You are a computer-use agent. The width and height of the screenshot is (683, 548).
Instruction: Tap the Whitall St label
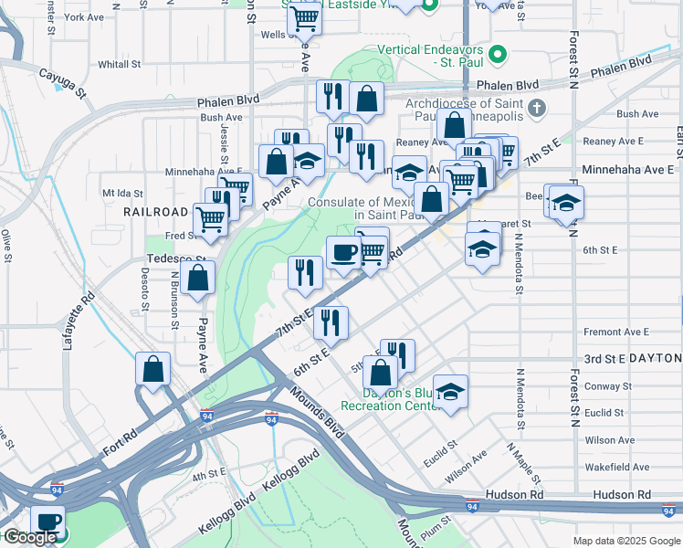[119, 65]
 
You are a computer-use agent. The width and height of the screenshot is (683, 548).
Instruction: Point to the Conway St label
[608, 386]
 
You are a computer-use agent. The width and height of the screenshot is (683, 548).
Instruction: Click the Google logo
[29, 537]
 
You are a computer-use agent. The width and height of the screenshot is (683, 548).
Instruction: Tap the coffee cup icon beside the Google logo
[47, 522]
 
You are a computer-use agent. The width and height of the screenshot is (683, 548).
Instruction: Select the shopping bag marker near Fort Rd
[153, 369]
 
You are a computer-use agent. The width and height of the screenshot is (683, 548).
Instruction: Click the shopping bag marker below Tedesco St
[197, 277]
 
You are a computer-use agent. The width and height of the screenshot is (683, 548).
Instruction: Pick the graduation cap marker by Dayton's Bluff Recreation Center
[450, 391]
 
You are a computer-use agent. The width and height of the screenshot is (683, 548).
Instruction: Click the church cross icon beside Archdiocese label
[538, 109]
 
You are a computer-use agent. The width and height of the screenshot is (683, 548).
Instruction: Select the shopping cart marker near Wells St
[304, 17]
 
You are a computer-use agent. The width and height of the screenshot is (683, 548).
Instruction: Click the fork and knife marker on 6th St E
[331, 321]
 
